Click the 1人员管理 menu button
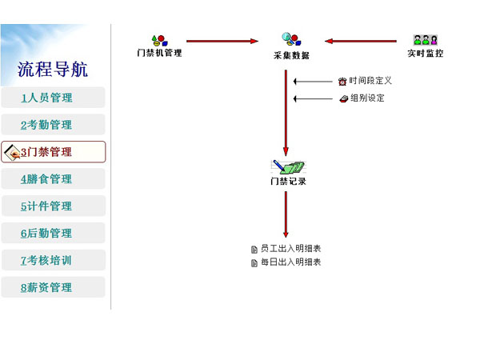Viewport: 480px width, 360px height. coord(53,98)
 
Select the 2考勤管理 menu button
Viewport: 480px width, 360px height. coord(53,125)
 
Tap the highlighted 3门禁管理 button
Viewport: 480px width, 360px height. coord(54,152)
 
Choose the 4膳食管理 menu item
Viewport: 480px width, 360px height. coord(53,178)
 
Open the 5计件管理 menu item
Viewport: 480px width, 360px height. coord(53,206)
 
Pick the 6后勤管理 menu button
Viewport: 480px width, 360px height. coord(53,233)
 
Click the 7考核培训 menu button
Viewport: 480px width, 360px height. coord(53,260)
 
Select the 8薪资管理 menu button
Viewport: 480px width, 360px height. coord(53,287)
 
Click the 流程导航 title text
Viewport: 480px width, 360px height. coord(52,69)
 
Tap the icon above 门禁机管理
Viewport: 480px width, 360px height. coord(159,41)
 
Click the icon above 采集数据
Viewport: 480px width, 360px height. coord(291,39)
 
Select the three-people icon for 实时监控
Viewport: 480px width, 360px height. coord(426,40)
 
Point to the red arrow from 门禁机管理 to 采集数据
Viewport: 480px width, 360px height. coord(222,41)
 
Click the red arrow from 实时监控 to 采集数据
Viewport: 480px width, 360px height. coord(361,41)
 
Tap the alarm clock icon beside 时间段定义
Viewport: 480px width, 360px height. coord(342,82)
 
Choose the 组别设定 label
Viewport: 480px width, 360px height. coord(367,98)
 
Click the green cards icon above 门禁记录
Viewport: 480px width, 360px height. coord(288,167)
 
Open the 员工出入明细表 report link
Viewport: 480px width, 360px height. coord(291,249)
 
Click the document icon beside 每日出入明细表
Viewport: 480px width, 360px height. coord(254,263)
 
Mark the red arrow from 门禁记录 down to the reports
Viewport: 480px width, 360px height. coord(286,214)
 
